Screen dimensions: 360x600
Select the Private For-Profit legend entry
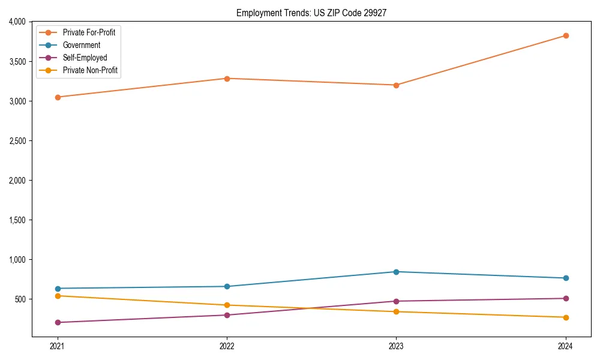(x=89, y=32)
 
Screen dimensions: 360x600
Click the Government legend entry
(x=81, y=45)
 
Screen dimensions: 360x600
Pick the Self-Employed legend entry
(x=85, y=58)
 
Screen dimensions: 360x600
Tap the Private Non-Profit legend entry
(x=90, y=70)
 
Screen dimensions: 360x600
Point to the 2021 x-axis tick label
(x=58, y=346)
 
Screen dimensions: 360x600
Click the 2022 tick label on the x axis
(x=227, y=346)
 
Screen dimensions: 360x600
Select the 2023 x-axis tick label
(x=396, y=346)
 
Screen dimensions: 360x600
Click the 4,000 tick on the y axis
(x=17, y=22)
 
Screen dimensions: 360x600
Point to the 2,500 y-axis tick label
(x=17, y=141)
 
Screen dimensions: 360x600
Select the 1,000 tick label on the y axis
(x=17, y=260)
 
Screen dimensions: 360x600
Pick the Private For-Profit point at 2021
(x=58, y=97)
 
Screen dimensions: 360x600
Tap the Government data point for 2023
(x=396, y=272)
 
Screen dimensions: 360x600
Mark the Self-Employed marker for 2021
(x=58, y=322)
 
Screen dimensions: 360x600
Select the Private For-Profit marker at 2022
(x=227, y=79)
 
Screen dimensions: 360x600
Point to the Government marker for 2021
(x=58, y=289)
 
